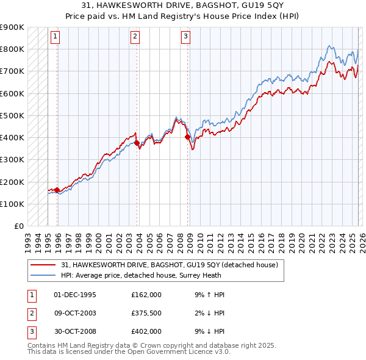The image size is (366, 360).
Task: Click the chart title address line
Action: (182, 5)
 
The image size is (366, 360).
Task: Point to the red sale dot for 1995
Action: (57, 190)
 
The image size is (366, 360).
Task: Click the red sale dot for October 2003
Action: (137, 143)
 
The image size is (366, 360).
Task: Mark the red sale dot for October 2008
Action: (187, 137)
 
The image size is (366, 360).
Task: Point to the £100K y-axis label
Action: (12, 204)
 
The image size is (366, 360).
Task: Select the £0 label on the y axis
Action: (18, 226)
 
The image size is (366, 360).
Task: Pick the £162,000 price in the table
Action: (146, 295)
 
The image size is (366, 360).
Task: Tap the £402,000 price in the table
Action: (146, 331)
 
